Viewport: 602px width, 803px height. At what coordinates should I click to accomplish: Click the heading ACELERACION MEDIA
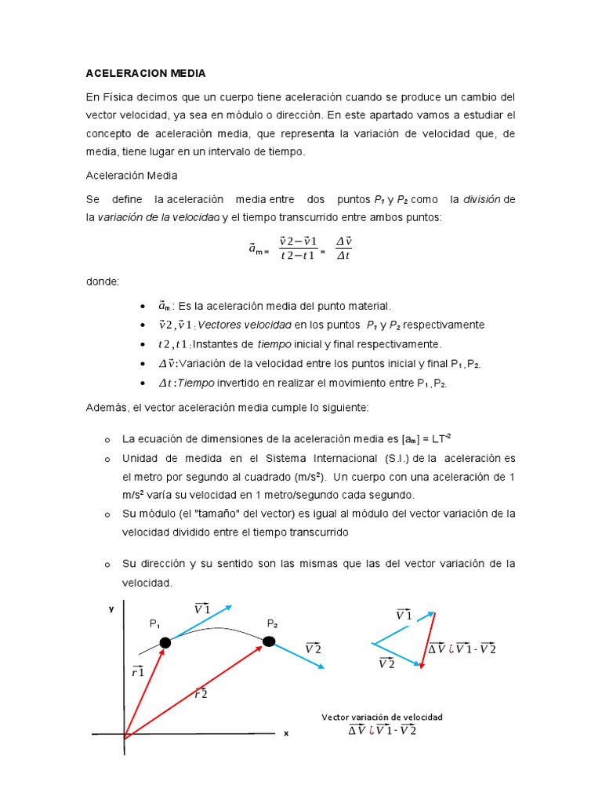click(146, 73)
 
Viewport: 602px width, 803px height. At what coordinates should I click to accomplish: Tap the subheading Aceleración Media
click(132, 176)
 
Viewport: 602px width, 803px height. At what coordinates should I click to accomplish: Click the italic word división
click(480, 199)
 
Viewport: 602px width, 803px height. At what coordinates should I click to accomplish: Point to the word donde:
click(103, 280)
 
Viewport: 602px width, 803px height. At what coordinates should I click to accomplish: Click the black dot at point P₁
click(165, 643)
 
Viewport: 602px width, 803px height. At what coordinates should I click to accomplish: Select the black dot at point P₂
click(269, 641)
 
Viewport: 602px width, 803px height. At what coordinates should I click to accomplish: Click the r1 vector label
click(137, 670)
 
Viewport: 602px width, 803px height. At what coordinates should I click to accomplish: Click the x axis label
click(286, 733)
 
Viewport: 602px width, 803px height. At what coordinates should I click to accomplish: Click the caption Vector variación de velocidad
click(383, 717)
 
